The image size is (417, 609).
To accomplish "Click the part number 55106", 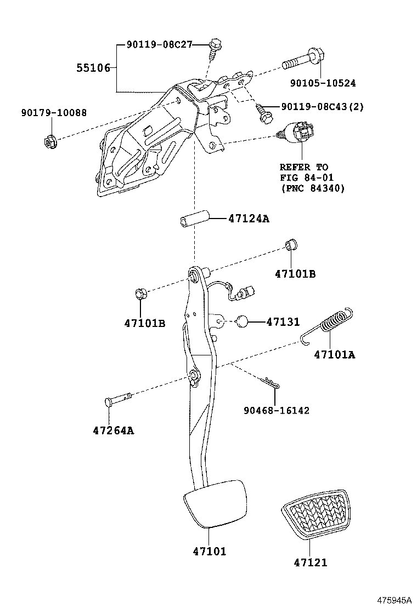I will tap(93, 68).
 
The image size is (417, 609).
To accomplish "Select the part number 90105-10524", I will tap(323, 83).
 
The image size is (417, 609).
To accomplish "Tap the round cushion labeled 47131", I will tap(243, 321).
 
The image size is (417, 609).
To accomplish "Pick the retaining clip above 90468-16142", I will tap(271, 383).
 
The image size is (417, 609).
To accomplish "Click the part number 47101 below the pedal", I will tap(209, 551).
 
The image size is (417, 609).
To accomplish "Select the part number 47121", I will tap(310, 562).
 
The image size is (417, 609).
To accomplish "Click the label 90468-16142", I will tap(276, 410).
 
